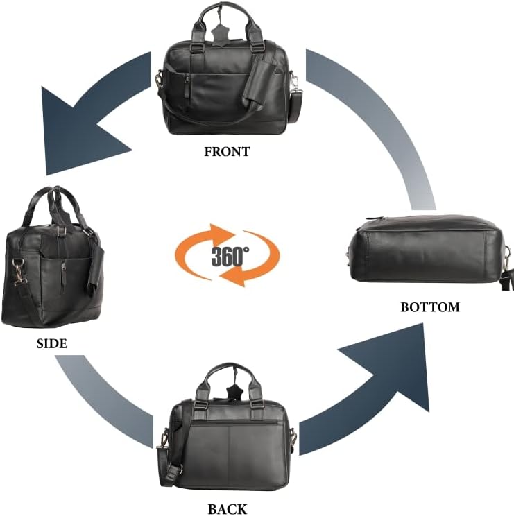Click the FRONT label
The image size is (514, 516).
pos(227,152)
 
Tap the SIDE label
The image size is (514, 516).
pos(51,343)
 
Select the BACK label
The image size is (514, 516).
pos(228,509)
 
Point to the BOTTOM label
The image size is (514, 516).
pos(430,307)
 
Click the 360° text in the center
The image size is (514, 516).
pos(230,257)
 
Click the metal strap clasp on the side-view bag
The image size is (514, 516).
pos(19,271)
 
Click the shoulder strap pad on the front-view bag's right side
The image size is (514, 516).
pos(295,106)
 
